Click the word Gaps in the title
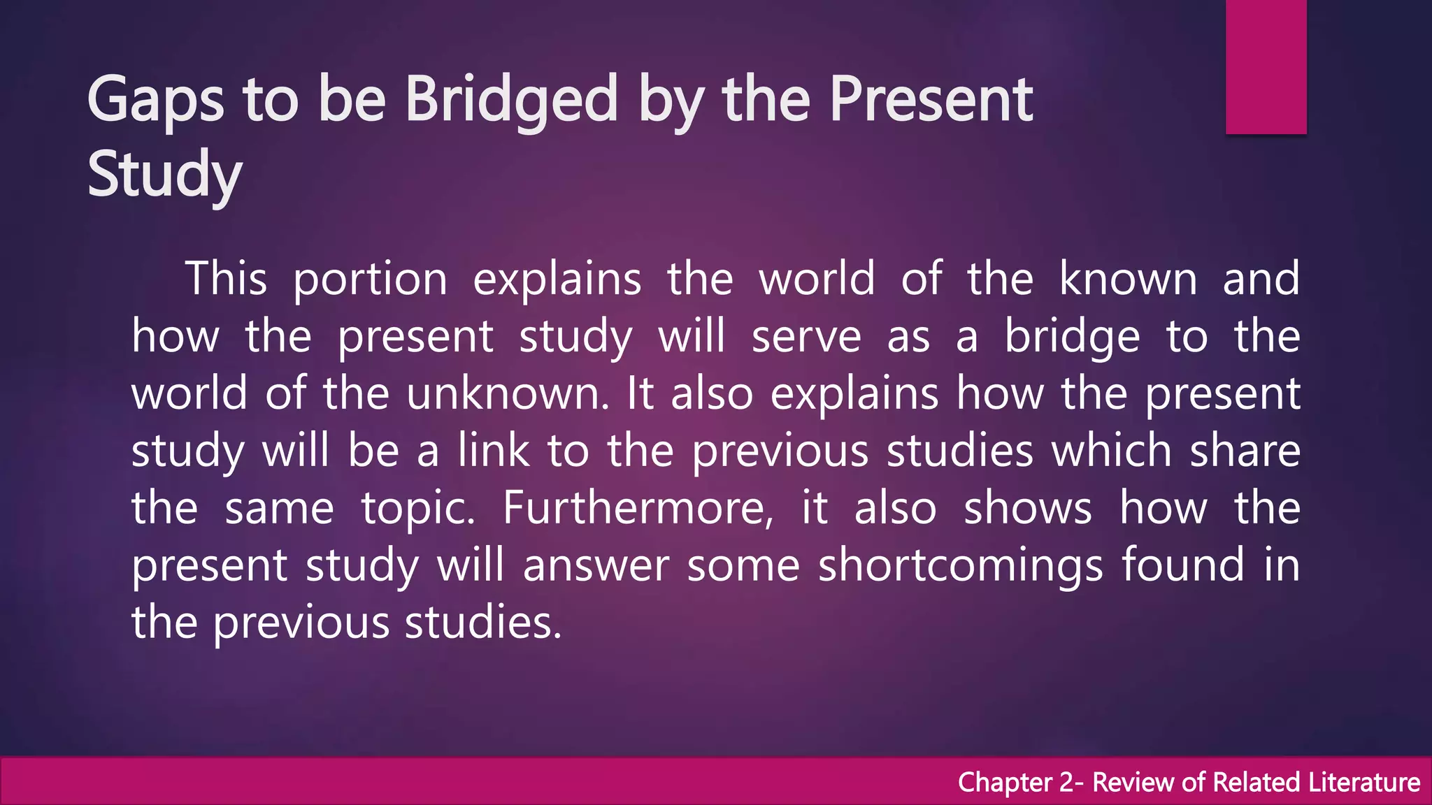155,101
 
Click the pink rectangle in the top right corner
1266,66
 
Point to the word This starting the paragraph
226,279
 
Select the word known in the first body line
1128,279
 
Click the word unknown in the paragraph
508,393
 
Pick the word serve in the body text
806,337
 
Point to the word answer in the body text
596,565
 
